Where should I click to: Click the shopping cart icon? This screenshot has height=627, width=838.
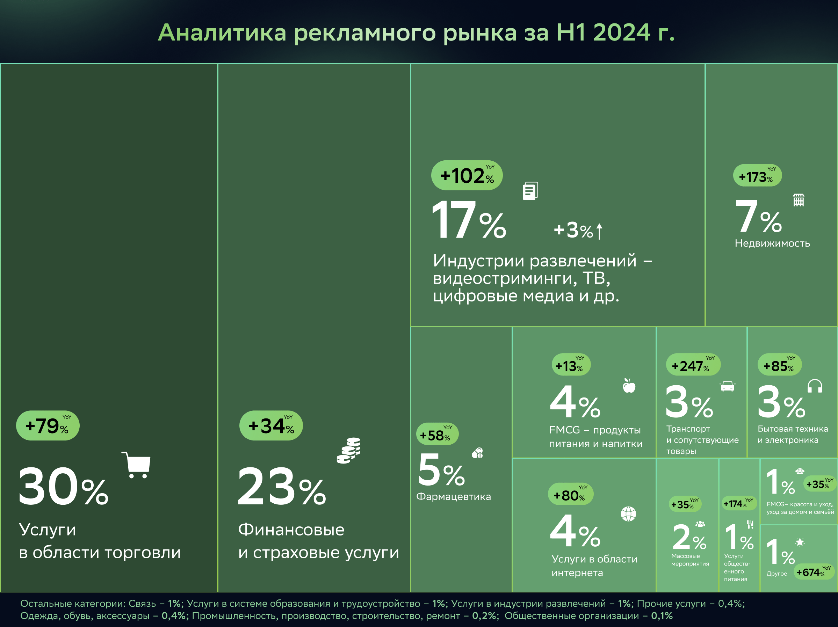[136, 465]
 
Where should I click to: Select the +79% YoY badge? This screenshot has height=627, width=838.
[48, 425]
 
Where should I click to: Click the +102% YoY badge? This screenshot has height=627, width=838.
[467, 175]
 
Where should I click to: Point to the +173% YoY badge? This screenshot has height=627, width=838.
[757, 176]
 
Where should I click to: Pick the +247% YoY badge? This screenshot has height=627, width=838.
[693, 365]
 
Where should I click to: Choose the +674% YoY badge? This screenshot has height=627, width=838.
[814, 572]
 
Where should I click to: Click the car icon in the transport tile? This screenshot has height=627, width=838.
[727, 386]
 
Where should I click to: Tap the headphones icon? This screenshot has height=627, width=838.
[815, 386]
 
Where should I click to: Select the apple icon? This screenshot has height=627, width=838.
[629, 386]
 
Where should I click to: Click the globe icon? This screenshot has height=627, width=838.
[628, 514]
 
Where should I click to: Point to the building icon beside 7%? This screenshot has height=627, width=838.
[799, 200]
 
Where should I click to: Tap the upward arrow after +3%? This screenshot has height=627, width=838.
[599, 231]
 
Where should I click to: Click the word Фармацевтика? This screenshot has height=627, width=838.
[454, 497]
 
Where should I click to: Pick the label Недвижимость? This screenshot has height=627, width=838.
[772, 243]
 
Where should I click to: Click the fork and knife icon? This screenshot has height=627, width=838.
[750, 524]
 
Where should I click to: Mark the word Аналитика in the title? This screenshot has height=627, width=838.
[222, 32]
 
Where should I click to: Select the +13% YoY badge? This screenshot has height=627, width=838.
[571, 365]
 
